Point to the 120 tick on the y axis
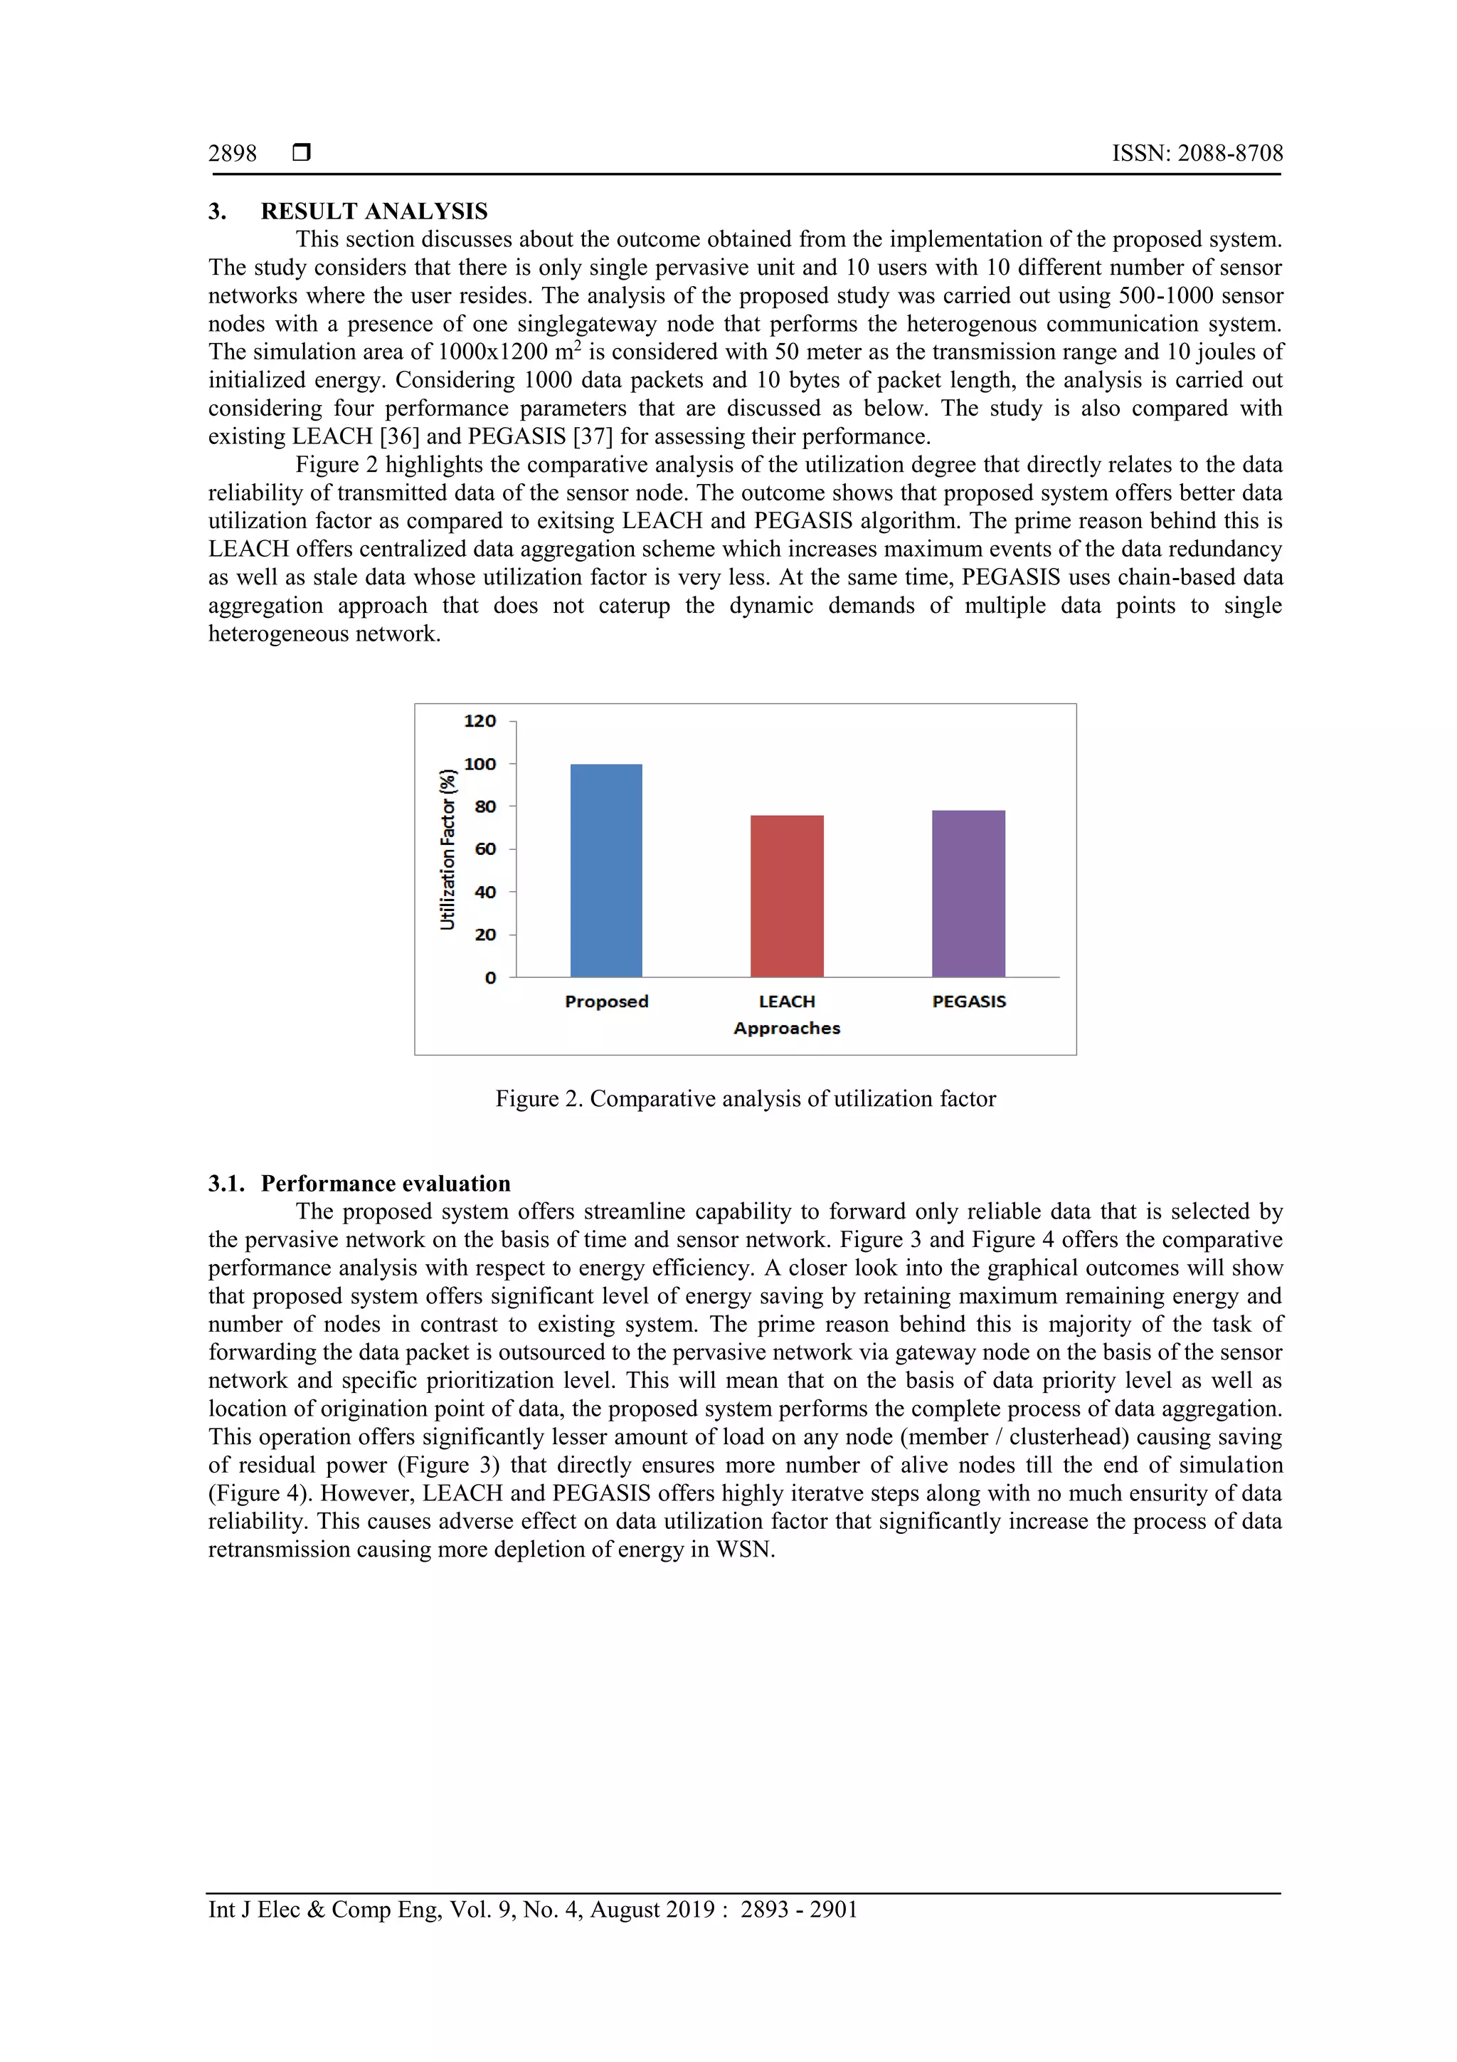click(480, 721)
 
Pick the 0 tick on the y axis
click(490, 978)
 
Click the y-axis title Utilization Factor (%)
click(447, 848)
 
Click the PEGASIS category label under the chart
click(969, 1001)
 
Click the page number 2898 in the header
click(233, 154)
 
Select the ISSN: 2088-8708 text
click(1197, 154)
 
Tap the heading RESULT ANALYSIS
click(373, 211)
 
